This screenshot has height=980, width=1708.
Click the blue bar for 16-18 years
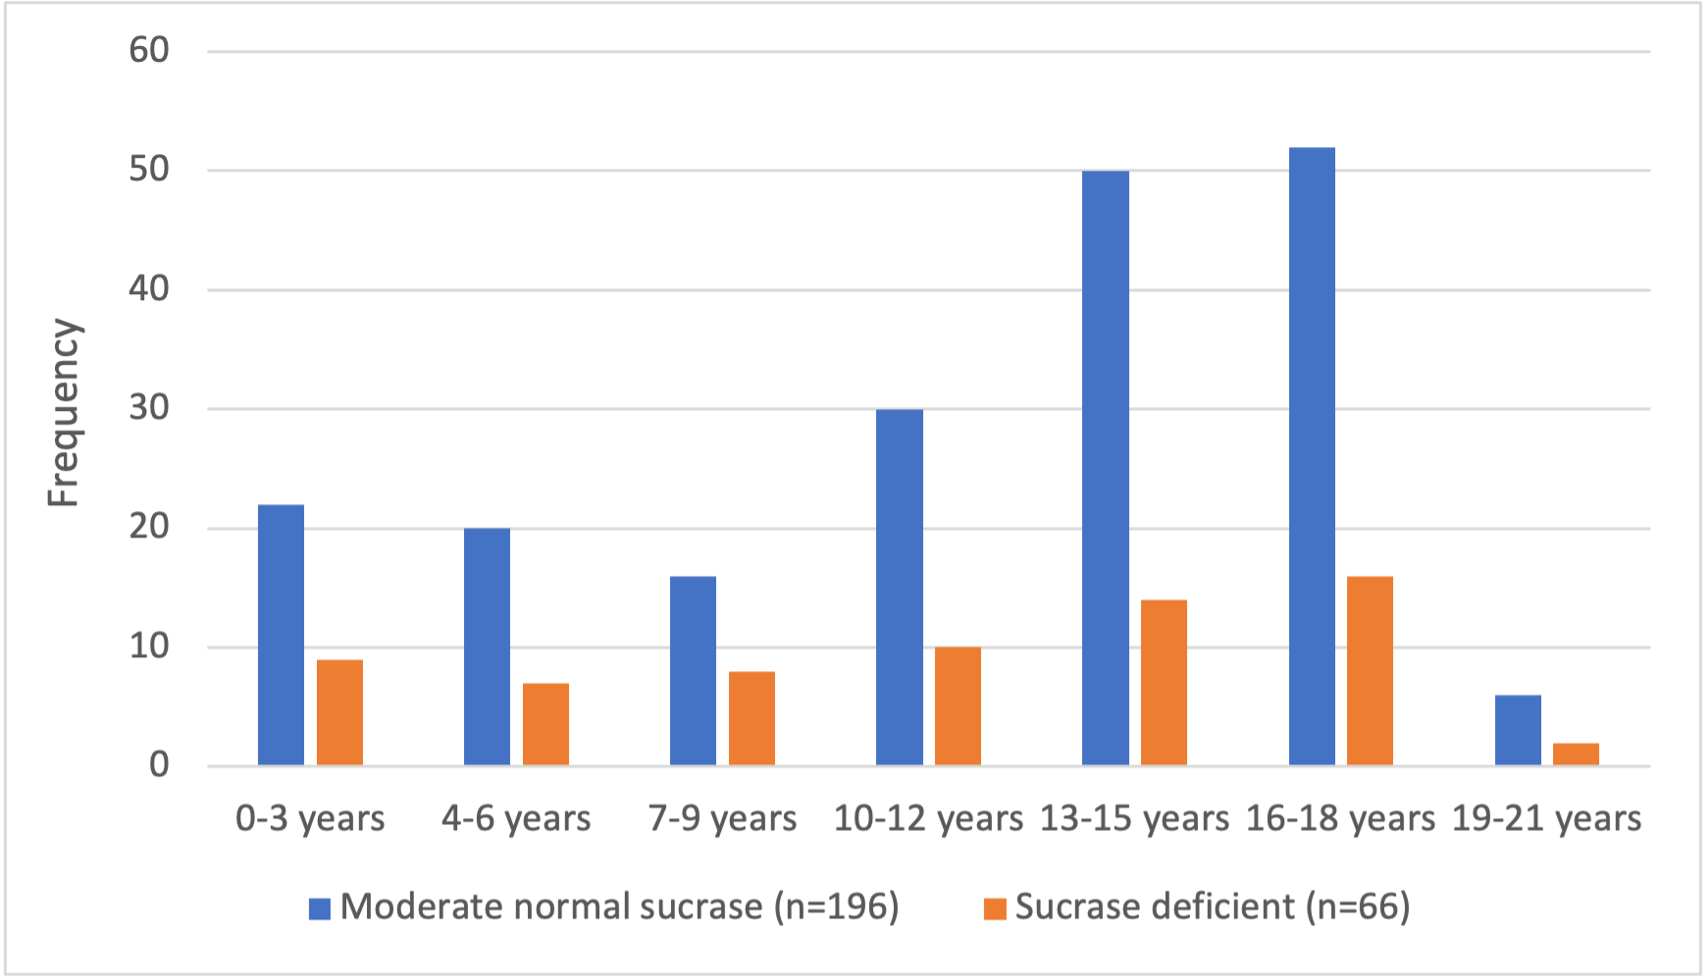[1312, 456]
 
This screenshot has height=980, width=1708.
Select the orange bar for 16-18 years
[1370, 671]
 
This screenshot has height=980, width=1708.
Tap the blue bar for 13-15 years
[1106, 468]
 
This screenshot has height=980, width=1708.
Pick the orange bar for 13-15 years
[1164, 683]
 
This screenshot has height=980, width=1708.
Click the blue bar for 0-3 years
[281, 635]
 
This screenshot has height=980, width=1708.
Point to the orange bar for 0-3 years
[339, 712]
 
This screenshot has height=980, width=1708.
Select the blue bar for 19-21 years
[1518, 731]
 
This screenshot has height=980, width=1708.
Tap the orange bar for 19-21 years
[1576, 754]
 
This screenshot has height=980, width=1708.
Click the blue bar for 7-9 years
[693, 671]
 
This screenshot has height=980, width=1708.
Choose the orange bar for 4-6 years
[545, 724]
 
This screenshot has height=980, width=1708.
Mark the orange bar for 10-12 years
[958, 706]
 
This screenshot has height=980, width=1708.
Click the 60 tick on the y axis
[149, 50]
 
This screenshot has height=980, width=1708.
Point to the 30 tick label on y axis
[149, 408]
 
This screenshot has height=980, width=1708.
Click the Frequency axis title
[64, 412]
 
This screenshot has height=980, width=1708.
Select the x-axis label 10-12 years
[928, 818]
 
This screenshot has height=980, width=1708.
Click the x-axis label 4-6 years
[516, 818]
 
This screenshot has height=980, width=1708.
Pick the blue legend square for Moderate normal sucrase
[320, 908]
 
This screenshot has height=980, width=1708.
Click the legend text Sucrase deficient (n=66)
[1212, 906]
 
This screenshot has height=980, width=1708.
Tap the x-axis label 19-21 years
[1546, 818]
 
